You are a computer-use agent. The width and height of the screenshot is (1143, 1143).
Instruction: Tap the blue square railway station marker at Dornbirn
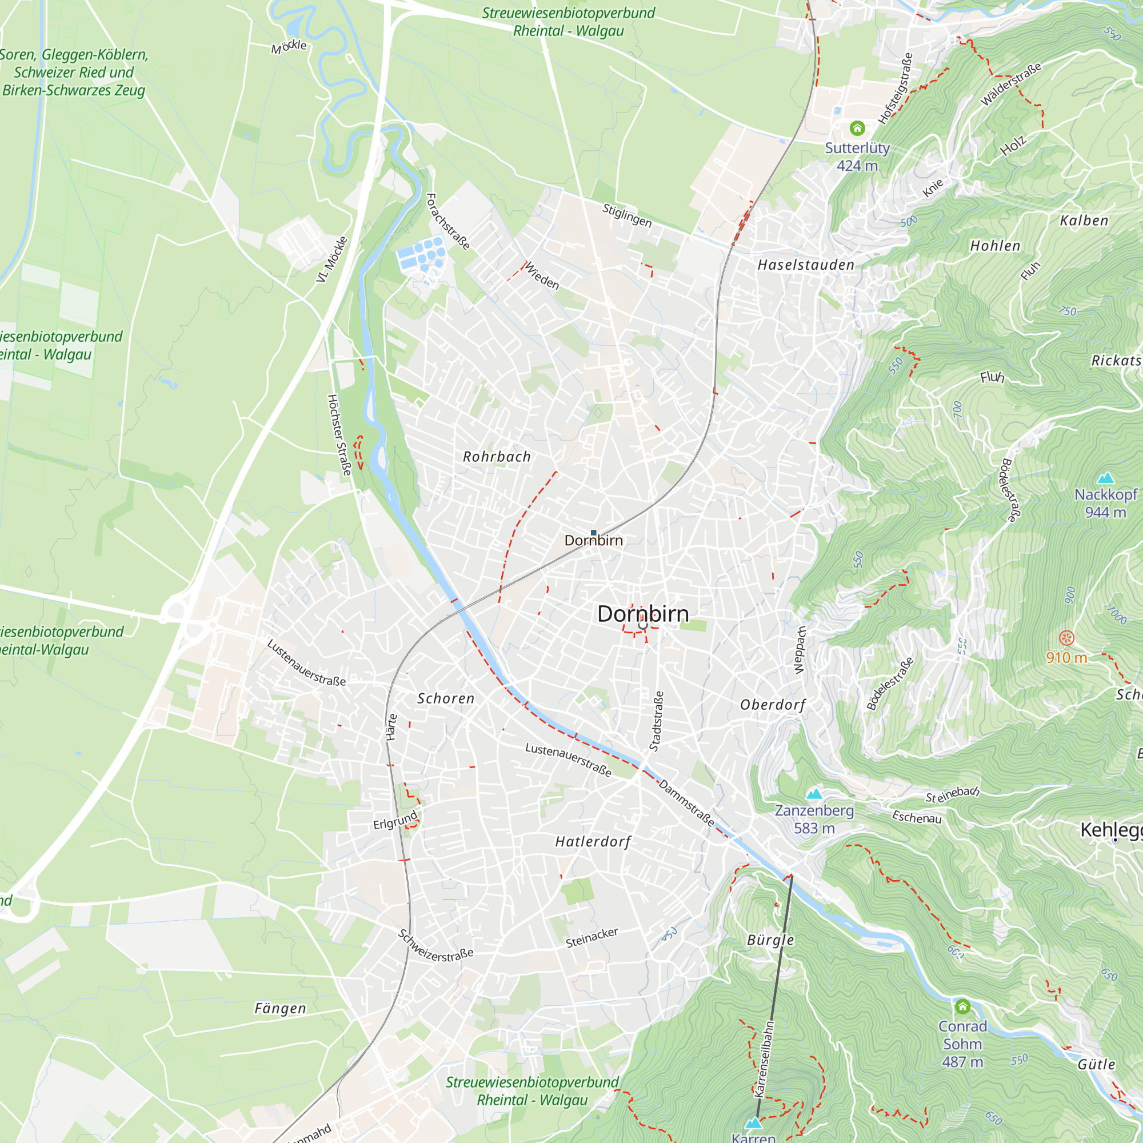593,533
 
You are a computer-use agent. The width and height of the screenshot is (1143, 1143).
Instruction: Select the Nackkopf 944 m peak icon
1105,478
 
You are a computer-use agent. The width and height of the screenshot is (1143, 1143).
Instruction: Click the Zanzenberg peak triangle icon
814,794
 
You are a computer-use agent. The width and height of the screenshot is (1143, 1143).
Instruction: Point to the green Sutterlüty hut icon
857,128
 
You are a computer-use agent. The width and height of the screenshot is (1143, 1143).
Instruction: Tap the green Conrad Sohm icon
962,1006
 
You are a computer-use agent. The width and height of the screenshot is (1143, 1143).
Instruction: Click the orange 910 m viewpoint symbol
1066,638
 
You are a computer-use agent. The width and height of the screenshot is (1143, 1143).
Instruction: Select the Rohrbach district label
497,457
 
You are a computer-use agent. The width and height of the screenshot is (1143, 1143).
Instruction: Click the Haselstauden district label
806,265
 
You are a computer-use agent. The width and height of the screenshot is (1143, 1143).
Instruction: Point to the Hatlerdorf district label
593,841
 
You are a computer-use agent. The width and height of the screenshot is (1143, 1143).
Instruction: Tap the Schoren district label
446,698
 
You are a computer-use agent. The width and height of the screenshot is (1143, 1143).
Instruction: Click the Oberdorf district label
773,705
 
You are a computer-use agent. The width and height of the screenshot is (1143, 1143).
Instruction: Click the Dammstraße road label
686,804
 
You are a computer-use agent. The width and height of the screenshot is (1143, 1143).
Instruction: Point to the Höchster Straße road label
339,435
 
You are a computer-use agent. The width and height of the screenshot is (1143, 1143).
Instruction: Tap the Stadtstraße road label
656,721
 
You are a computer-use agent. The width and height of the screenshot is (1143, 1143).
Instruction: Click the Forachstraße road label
448,222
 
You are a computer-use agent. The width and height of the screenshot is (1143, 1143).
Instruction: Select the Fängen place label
280,1008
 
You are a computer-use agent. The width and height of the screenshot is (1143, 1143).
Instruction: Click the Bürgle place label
770,940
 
